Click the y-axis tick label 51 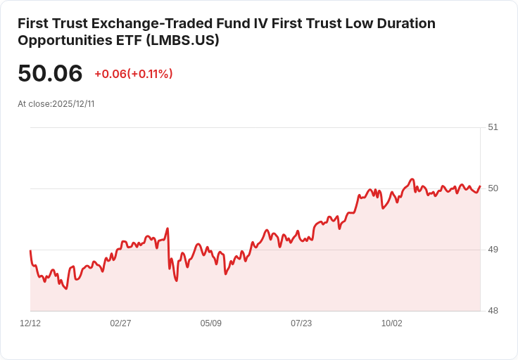pos(493,127)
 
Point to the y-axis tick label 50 pos(493,188)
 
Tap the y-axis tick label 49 pos(493,250)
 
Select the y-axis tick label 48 pos(493,311)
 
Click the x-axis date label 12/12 pos(30,323)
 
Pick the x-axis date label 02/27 pos(120,323)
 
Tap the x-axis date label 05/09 pos(211,323)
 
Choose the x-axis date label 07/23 pos(301,323)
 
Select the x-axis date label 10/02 pos(391,323)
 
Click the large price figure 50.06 pos(50,74)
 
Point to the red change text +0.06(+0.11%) pos(134,74)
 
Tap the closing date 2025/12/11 pos(73,104)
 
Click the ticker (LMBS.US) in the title pos(183,41)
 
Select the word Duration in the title pos(404,24)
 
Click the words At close pos(33,104)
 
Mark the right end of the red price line pos(480,186)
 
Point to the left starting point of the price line pos(30,250)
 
